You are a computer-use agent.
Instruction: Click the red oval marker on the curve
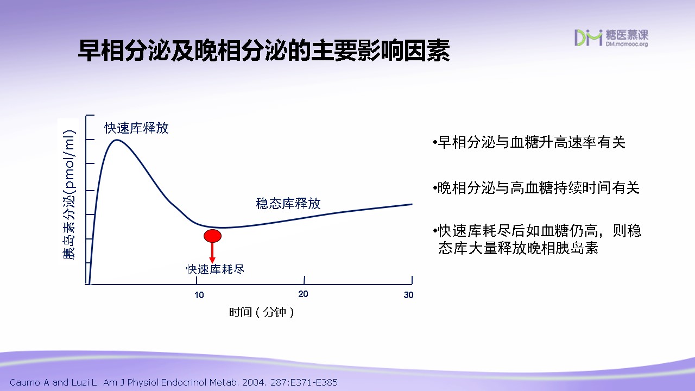tap(212, 236)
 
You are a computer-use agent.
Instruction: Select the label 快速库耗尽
tap(215, 269)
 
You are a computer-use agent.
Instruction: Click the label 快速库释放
tap(136, 128)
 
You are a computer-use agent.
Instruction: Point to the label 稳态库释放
tap(288, 204)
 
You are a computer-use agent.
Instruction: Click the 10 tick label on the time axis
tap(199, 295)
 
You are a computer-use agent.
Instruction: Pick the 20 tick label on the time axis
tap(303, 294)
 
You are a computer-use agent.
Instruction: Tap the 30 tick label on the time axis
tap(408, 295)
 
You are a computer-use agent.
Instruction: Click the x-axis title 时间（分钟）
tap(261, 312)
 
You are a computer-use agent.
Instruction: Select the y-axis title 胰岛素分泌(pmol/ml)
tap(68, 194)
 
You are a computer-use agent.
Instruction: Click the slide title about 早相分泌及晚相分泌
tap(264, 51)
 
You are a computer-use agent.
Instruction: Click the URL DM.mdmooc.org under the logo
tap(627, 44)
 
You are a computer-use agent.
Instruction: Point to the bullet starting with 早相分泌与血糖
tap(529, 142)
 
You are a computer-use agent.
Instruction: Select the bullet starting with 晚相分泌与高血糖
tap(536, 188)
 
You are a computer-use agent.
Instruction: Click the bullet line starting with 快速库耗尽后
tap(537, 231)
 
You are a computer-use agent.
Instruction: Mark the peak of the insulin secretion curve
tap(117, 140)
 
